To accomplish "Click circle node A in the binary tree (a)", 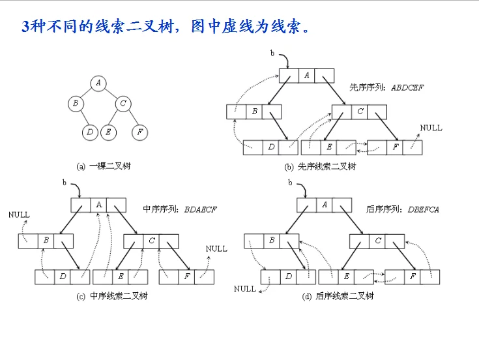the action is [x=98, y=83].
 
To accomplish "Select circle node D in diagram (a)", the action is [x=90, y=132].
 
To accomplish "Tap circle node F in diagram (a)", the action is [x=139, y=132].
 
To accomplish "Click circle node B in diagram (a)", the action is [x=76, y=103].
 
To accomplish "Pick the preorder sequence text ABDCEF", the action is [x=407, y=87].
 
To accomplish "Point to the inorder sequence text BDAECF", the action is [x=201, y=209].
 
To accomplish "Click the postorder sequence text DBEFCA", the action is [x=424, y=209].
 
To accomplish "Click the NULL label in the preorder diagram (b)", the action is [x=431, y=128].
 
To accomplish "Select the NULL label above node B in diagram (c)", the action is [x=20, y=215].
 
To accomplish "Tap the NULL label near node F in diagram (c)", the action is [x=216, y=248].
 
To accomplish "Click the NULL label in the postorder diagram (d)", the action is [x=245, y=289].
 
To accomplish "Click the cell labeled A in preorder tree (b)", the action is [x=307, y=76].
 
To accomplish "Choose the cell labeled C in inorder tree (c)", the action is [x=151, y=241].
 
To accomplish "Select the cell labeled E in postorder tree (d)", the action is [x=346, y=277].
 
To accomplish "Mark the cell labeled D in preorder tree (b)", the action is [x=271, y=147].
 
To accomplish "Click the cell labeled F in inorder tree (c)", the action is [x=186, y=277].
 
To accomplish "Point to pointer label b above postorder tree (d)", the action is [x=290, y=183].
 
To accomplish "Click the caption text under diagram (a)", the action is [x=104, y=166].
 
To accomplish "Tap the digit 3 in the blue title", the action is [x=25, y=27].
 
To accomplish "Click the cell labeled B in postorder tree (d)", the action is [x=272, y=241].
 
